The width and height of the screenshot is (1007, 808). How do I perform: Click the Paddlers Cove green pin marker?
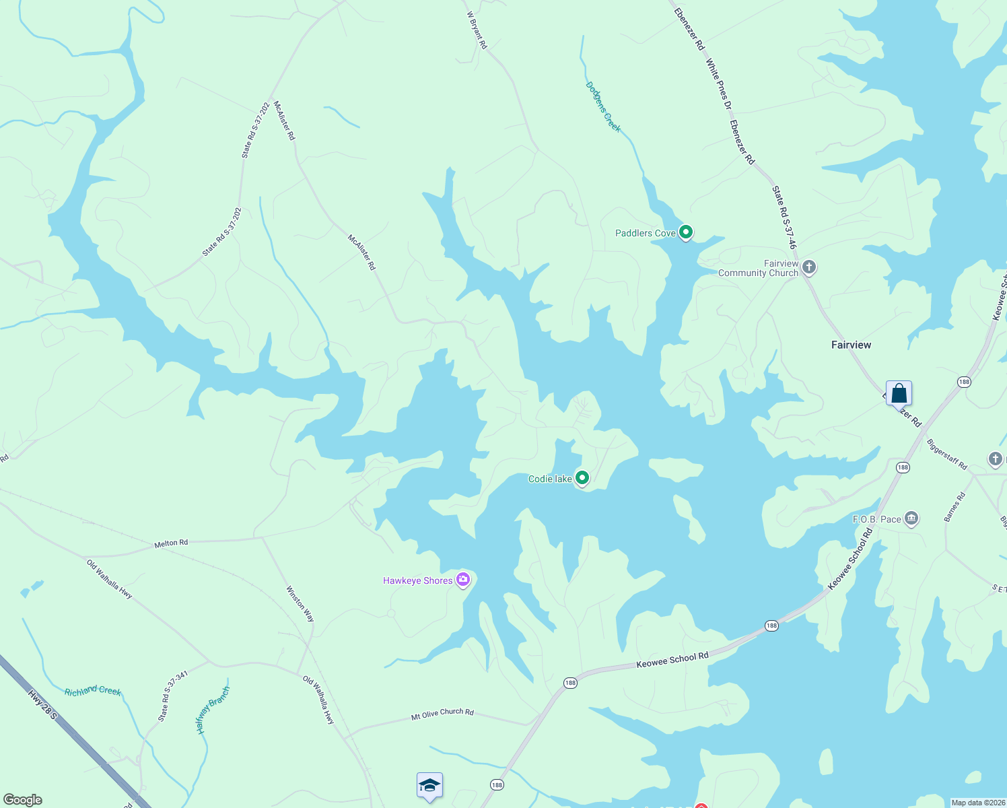[x=685, y=232]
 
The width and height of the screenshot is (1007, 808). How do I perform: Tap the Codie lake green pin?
[x=582, y=478]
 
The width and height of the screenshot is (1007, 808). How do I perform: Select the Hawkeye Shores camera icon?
[x=463, y=580]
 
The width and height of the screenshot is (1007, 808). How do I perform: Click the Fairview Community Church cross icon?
[x=809, y=267]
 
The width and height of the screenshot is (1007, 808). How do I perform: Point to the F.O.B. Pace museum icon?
[x=911, y=518]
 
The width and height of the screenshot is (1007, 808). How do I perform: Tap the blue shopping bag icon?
[x=899, y=393]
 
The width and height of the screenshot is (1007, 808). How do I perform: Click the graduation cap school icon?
[x=429, y=785]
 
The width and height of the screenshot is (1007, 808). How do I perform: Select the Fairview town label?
[x=851, y=345]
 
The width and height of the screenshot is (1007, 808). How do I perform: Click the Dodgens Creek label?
[x=603, y=107]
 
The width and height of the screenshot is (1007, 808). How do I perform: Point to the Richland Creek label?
[x=93, y=691]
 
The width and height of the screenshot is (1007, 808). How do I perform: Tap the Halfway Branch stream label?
[x=213, y=710]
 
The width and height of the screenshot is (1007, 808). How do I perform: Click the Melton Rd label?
[x=171, y=543]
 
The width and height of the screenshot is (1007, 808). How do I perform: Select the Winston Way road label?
[x=300, y=604]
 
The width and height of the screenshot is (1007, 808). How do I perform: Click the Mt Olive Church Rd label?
[x=442, y=714]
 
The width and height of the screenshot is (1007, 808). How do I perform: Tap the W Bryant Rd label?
[x=477, y=30]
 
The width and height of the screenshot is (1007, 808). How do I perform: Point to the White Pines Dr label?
[x=718, y=83]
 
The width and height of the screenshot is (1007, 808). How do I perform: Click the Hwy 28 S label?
[x=42, y=704]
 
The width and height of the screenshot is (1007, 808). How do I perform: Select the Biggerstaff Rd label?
[x=946, y=454]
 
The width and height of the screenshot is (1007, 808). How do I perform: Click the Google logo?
[x=22, y=799]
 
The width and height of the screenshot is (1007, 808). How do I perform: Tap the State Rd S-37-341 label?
[x=172, y=696]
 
